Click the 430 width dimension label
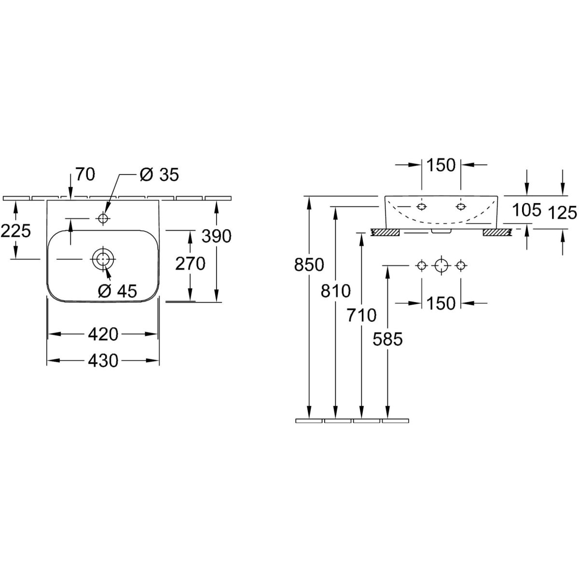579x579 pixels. pyautogui.click(x=103, y=360)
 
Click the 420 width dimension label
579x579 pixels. pyautogui.click(x=103, y=334)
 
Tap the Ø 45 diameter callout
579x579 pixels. pyautogui.click(x=117, y=290)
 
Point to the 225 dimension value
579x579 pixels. pyautogui.click(x=16, y=231)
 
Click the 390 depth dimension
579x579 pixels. pyautogui.click(x=217, y=236)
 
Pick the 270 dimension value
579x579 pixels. pyautogui.click(x=191, y=263)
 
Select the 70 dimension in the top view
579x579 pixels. pyautogui.click(x=85, y=174)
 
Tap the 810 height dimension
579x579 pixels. pyautogui.click(x=336, y=291)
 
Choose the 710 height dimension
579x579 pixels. pyautogui.click(x=361, y=315)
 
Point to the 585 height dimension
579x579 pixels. pyautogui.click(x=387, y=339)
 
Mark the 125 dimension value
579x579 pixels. pyautogui.click(x=563, y=212)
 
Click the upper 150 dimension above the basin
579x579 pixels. pyautogui.click(x=441, y=165)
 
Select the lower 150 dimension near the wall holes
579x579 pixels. pyautogui.click(x=441, y=303)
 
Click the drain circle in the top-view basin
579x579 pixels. pyautogui.click(x=102, y=259)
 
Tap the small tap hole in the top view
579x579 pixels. pyautogui.click(x=102, y=219)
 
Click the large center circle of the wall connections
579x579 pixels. pyautogui.click(x=441, y=265)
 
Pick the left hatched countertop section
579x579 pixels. pyautogui.click(x=385, y=233)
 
